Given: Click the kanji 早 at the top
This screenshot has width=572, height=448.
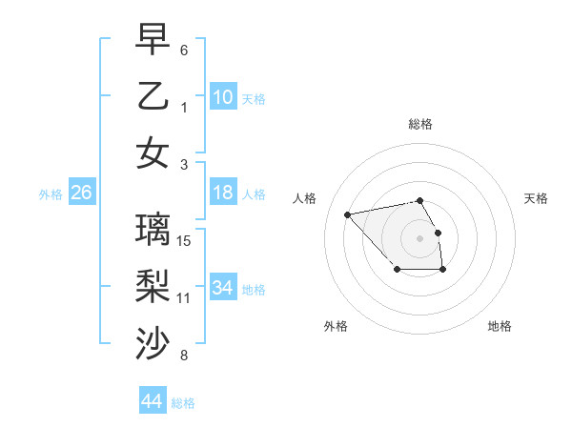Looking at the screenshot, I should click(153, 39).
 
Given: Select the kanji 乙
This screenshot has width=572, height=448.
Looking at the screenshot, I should click(153, 96).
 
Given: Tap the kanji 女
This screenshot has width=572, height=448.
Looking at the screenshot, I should click(153, 153).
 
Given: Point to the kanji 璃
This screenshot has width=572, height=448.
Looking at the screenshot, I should click(153, 230).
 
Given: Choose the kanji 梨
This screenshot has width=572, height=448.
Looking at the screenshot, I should click(153, 287).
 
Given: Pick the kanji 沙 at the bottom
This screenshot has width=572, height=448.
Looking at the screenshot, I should click(153, 344).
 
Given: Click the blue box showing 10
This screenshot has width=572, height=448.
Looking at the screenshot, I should click(223, 97).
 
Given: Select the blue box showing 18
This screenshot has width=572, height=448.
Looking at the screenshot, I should click(223, 193).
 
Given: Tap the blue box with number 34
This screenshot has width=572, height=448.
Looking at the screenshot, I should click(223, 288).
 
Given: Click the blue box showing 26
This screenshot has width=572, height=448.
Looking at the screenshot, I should click(81, 193).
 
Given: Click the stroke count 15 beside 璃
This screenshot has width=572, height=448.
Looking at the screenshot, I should click(185, 240).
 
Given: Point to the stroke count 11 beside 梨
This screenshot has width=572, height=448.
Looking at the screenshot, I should click(184, 297).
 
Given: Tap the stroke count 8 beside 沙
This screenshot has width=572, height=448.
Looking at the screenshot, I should click(184, 356).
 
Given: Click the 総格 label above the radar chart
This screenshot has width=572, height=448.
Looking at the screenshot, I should click(420, 124).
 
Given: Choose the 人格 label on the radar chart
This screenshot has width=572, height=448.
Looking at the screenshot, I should click(305, 198).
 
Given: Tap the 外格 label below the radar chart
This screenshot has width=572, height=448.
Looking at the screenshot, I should click(336, 327).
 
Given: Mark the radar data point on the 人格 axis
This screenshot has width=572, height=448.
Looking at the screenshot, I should click(348, 214).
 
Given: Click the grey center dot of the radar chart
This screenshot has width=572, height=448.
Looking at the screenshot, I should click(420, 238).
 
